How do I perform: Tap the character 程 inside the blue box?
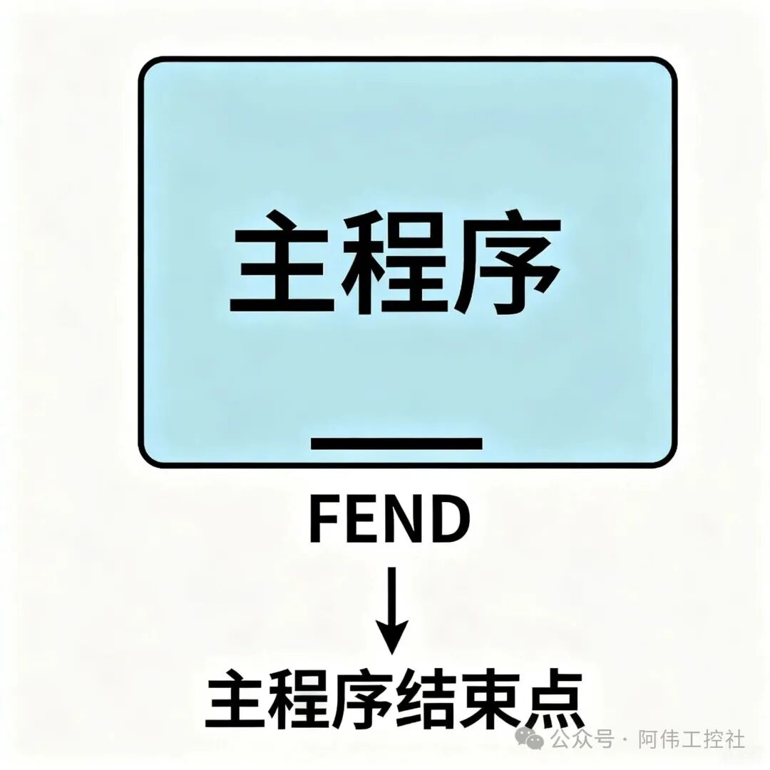[395, 262]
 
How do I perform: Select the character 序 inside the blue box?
[508, 262]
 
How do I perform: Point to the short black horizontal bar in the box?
[396, 444]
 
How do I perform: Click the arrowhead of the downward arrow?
[392, 637]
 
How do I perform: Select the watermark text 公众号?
[582, 739]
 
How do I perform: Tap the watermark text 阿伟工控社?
[692, 739]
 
